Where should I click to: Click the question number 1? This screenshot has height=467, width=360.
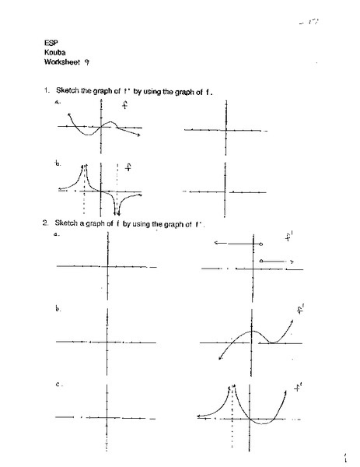[47, 92]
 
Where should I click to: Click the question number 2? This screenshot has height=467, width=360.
[46, 224]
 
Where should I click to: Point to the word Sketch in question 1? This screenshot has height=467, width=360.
[65, 92]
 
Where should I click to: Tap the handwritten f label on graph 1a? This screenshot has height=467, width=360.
[124, 106]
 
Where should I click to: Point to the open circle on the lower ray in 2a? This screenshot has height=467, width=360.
[261, 261]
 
